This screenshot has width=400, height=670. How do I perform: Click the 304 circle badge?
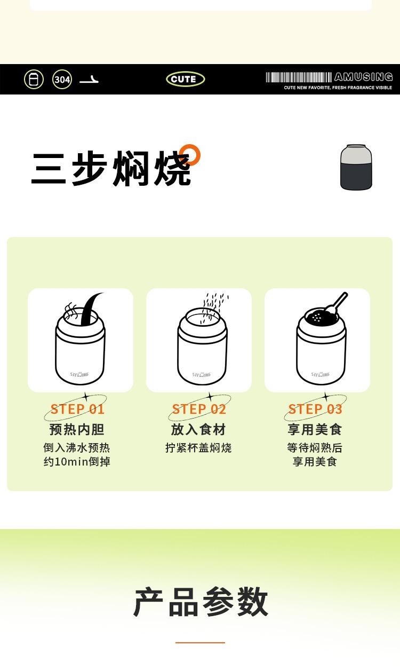coord(62,80)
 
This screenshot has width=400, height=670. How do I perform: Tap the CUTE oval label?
coord(185,79)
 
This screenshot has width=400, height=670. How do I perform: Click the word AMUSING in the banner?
coord(363,77)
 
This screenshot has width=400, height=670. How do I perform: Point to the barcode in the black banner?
coord(299,77)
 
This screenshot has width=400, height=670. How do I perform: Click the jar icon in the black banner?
coord(34,80)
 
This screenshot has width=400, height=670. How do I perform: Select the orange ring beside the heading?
coord(190,155)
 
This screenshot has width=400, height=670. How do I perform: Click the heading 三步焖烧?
coord(111,169)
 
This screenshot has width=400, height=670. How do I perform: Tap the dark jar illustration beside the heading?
coord(356,167)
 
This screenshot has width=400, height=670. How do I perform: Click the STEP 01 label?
coord(77,409)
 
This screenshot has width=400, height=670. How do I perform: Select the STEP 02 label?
coord(199,409)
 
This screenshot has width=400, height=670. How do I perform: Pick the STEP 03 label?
coord(315,409)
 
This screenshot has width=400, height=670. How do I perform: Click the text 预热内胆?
coord(77,429)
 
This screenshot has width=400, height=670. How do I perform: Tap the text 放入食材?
coord(198,429)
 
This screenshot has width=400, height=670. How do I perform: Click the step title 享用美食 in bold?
coord(315,429)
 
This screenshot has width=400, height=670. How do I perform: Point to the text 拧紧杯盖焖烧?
coord(198,448)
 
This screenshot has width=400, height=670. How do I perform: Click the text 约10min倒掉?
coord(77,462)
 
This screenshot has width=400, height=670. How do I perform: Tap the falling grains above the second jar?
coord(213,305)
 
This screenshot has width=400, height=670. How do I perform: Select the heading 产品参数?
coord(201,602)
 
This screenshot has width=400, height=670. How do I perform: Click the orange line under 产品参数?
coord(200,642)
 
